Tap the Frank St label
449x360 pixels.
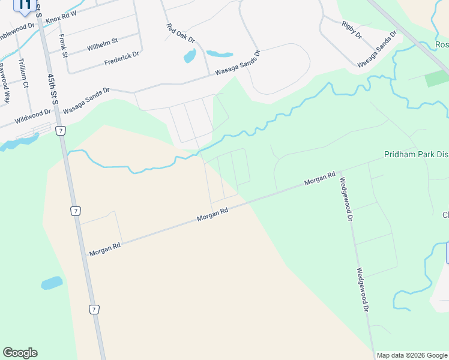[62, 43]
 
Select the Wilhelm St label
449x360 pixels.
[103, 43]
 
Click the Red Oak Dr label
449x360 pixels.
[181, 32]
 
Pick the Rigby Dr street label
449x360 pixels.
[352, 29]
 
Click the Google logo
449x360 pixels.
[20, 353]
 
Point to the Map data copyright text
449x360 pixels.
[412, 355]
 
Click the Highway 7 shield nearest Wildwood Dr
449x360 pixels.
[60, 130]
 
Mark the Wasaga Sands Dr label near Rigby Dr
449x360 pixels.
[377, 49]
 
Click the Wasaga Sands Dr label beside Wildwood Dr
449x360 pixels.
[86, 100]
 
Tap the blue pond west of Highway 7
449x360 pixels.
[51, 283]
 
